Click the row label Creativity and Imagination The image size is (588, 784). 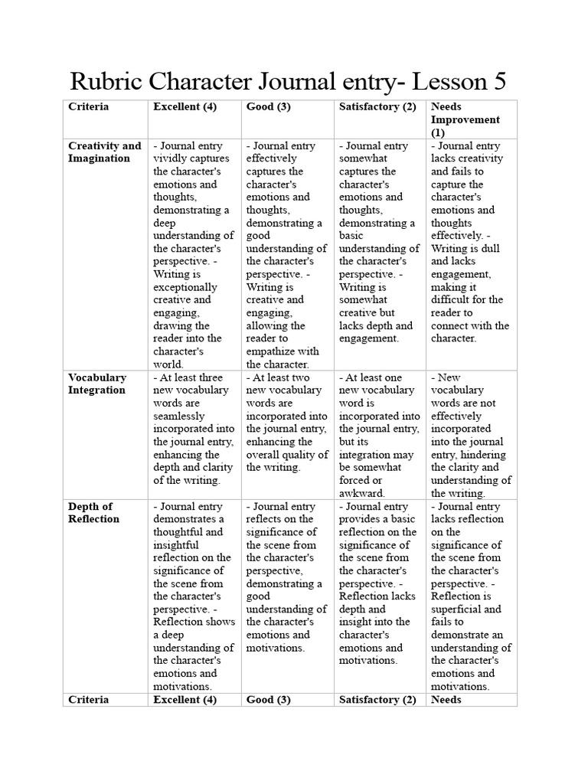104,152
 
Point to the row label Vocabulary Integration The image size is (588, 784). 97,384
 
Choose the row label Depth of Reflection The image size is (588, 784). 93,512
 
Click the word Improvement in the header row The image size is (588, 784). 465,119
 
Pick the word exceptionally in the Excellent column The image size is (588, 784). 186,287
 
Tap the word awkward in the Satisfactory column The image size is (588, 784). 361,493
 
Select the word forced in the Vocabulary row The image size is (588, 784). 354,480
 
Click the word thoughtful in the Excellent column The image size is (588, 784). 177,531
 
